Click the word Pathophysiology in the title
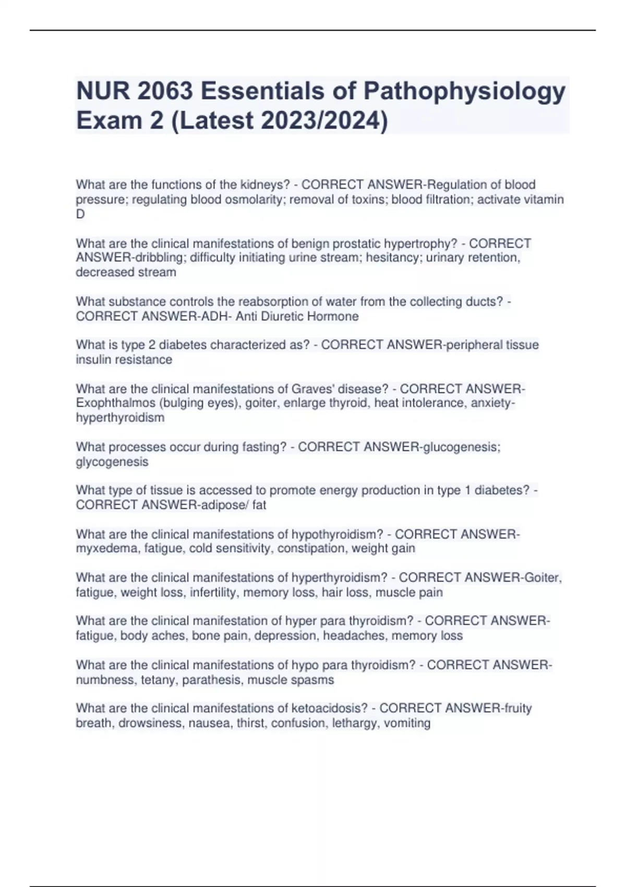(464, 92)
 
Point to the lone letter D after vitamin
(80, 214)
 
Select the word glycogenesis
(112, 462)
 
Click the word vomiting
(407, 723)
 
